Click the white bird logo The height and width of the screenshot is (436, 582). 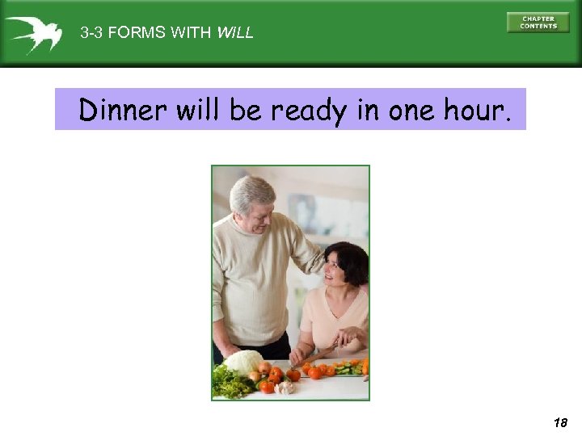click(33, 35)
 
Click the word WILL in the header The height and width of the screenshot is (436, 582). click(235, 33)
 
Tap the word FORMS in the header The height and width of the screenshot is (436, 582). click(135, 33)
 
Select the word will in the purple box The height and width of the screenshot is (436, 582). click(196, 110)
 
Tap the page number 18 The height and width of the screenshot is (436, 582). click(561, 422)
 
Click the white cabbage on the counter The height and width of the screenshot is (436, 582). click(244, 362)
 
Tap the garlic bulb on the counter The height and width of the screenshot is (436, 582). click(285, 388)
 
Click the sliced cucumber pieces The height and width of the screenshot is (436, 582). click(347, 369)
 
